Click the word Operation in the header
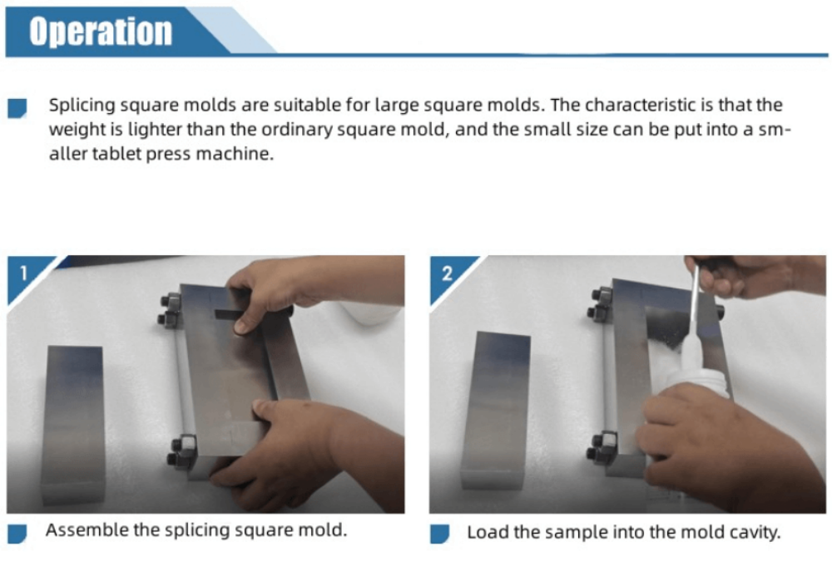tap(101, 32)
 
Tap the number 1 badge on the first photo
tap(23, 273)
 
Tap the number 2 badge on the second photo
tap(447, 273)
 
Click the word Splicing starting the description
tap(82, 106)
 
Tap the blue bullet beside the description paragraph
tap(17, 108)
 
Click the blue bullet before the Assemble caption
tap(17, 534)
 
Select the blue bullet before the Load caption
tap(440, 534)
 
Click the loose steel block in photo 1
tap(73, 424)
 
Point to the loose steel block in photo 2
tap(494, 409)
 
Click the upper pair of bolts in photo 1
tap(171, 310)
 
